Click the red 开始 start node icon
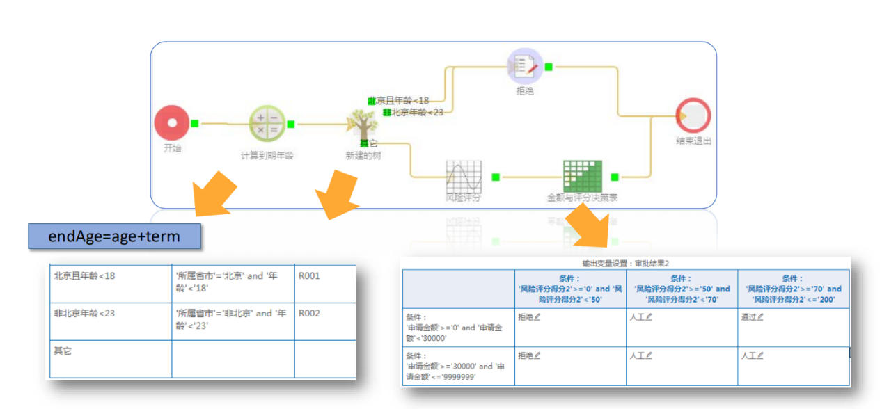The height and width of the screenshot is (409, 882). click(x=171, y=123)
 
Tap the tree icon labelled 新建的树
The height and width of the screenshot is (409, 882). click(x=363, y=125)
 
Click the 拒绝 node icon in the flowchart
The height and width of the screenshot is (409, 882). click(x=524, y=66)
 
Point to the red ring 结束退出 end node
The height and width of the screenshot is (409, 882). click(x=693, y=115)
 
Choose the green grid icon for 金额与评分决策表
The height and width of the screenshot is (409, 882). click(x=582, y=176)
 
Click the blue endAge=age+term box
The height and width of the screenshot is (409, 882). click(x=114, y=236)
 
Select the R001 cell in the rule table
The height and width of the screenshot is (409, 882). click(x=310, y=275)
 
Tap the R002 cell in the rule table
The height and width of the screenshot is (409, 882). click(x=310, y=313)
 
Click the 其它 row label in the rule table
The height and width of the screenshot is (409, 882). click(x=63, y=351)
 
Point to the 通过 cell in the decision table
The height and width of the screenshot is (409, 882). click(x=751, y=316)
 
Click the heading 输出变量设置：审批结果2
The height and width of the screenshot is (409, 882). click(x=626, y=264)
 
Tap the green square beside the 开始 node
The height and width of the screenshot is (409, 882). click(x=195, y=123)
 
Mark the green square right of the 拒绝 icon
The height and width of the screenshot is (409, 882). click(x=549, y=67)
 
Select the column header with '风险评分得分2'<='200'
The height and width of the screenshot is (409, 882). click(x=793, y=289)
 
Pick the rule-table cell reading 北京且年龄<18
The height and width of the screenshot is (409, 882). click(x=85, y=275)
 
